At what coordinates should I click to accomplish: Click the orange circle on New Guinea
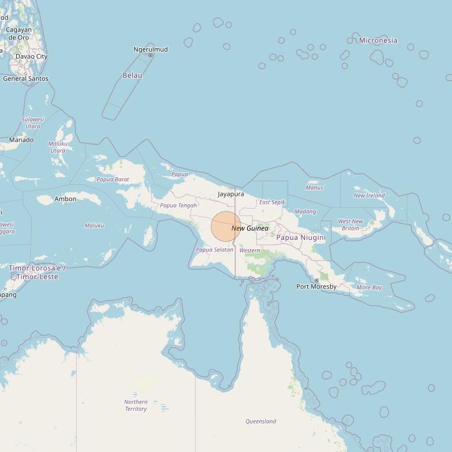pyautogui.click(x=225, y=227)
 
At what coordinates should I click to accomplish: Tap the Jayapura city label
pyautogui.click(x=231, y=194)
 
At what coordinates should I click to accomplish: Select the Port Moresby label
pyautogui.click(x=316, y=286)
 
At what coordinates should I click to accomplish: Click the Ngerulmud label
pyautogui.click(x=150, y=49)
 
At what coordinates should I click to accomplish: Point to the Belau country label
pyautogui.click(x=132, y=76)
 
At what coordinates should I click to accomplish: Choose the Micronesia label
pyautogui.click(x=378, y=41)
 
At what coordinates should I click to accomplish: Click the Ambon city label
pyautogui.click(x=65, y=199)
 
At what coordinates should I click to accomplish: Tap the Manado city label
pyautogui.click(x=21, y=140)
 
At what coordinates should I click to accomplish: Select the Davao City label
pyautogui.click(x=31, y=56)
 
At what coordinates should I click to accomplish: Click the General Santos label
pyautogui.click(x=26, y=78)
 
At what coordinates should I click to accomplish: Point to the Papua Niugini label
pyautogui.click(x=301, y=238)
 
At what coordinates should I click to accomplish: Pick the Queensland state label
pyautogui.click(x=261, y=421)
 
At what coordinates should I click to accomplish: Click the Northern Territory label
pyautogui.click(x=136, y=405)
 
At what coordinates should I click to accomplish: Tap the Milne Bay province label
pyautogui.click(x=369, y=288)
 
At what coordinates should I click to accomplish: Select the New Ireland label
pyautogui.click(x=370, y=195)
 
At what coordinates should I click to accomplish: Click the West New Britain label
pyautogui.click(x=350, y=225)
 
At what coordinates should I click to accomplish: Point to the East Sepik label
pyautogui.click(x=272, y=202)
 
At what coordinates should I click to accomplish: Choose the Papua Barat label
pyautogui.click(x=113, y=180)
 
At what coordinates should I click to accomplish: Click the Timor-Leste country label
pyautogui.click(x=37, y=272)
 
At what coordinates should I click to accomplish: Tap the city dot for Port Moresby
pyautogui.click(x=317, y=281)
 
